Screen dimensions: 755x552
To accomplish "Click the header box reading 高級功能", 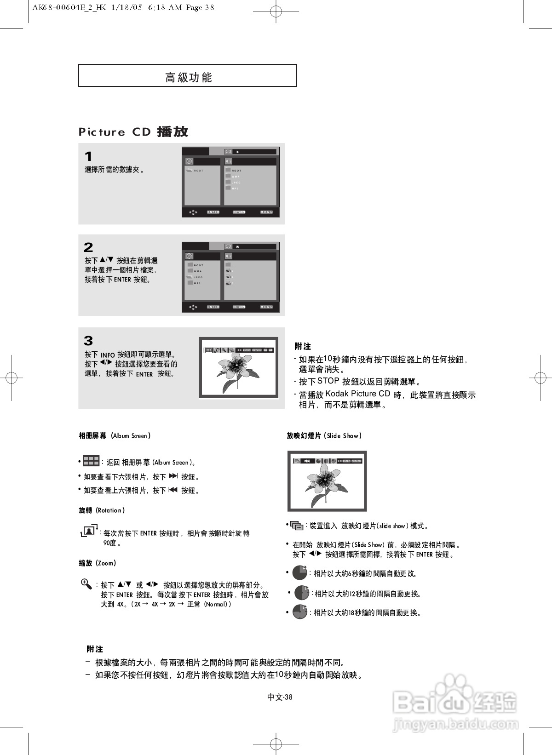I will tap(188, 76).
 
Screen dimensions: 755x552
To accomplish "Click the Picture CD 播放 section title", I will tap(133, 132).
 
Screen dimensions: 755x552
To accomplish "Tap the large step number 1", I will tap(88, 156).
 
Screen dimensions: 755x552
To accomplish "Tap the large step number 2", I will tap(88, 247).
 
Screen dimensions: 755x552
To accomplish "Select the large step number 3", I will tap(88, 341).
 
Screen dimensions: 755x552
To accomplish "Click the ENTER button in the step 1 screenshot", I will tap(213, 212).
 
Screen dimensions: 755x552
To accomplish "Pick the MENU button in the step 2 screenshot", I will tap(266, 307).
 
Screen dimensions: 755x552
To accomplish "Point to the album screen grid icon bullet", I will tap(91, 461).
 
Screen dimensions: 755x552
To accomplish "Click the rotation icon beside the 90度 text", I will tap(89, 531).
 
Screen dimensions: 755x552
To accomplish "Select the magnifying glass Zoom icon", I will tap(86, 584).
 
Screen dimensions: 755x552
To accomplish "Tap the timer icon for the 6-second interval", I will tap(300, 573).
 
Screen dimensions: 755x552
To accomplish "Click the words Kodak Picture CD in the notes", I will tap(357, 394).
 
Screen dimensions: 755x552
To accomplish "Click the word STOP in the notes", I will tap(328, 381).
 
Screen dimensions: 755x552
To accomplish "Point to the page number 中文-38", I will tap(280, 697).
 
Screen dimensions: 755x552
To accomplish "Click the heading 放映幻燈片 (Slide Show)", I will tap(324, 435).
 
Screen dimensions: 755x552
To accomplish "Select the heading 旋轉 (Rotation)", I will tap(102, 510).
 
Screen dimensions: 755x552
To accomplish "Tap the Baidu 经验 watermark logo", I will tap(455, 704).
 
